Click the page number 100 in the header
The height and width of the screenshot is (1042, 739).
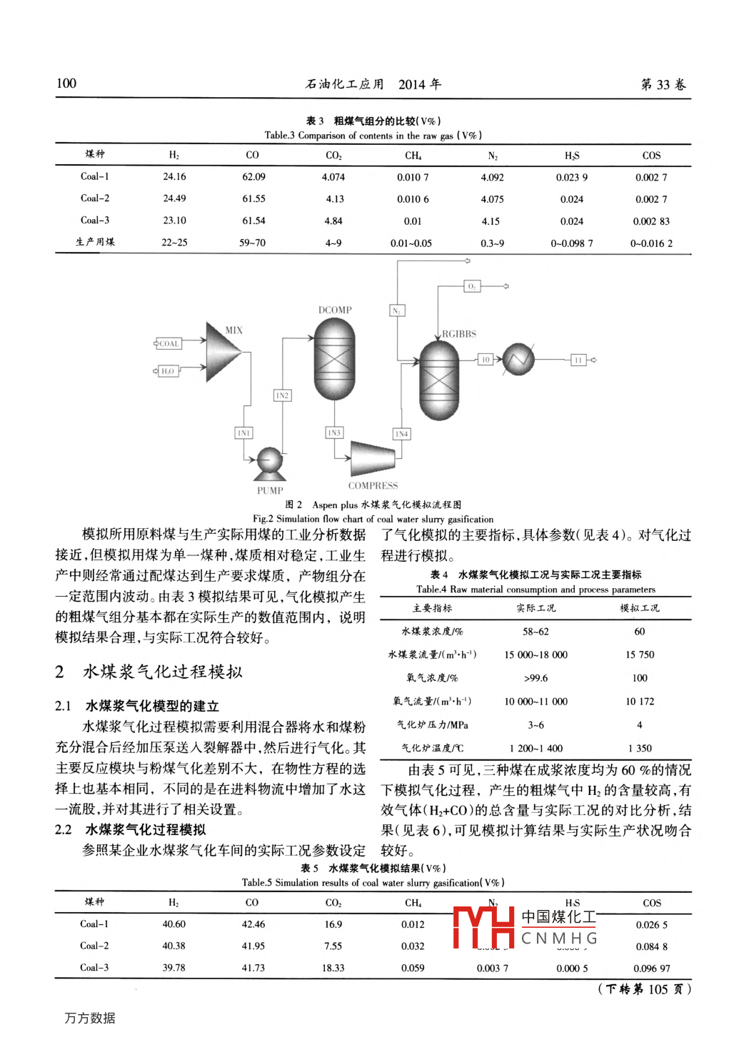point(66,84)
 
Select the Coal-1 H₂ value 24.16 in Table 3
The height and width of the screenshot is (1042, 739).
point(174,177)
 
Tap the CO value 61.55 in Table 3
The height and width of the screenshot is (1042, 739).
point(253,199)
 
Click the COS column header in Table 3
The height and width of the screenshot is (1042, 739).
point(651,155)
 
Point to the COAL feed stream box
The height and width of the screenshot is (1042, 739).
point(169,344)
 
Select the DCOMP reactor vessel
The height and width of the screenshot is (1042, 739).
point(334,359)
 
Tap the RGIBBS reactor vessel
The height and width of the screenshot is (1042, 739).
point(438,380)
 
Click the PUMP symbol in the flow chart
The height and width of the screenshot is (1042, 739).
point(270,463)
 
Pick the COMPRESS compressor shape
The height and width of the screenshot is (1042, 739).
point(372,458)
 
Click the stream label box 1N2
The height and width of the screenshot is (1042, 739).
point(283,395)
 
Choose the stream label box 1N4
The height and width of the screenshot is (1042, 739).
point(402,434)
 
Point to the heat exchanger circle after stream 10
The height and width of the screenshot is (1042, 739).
point(518,359)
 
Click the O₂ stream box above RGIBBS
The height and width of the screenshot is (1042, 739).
point(472,286)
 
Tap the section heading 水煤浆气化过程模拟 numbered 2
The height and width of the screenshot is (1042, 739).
point(163,672)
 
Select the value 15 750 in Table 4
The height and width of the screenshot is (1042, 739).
point(639,654)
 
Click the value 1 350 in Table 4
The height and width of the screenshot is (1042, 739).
point(639,748)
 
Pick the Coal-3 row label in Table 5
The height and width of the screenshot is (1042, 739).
point(94,968)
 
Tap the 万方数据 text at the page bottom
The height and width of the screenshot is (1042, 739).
point(90,1018)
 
